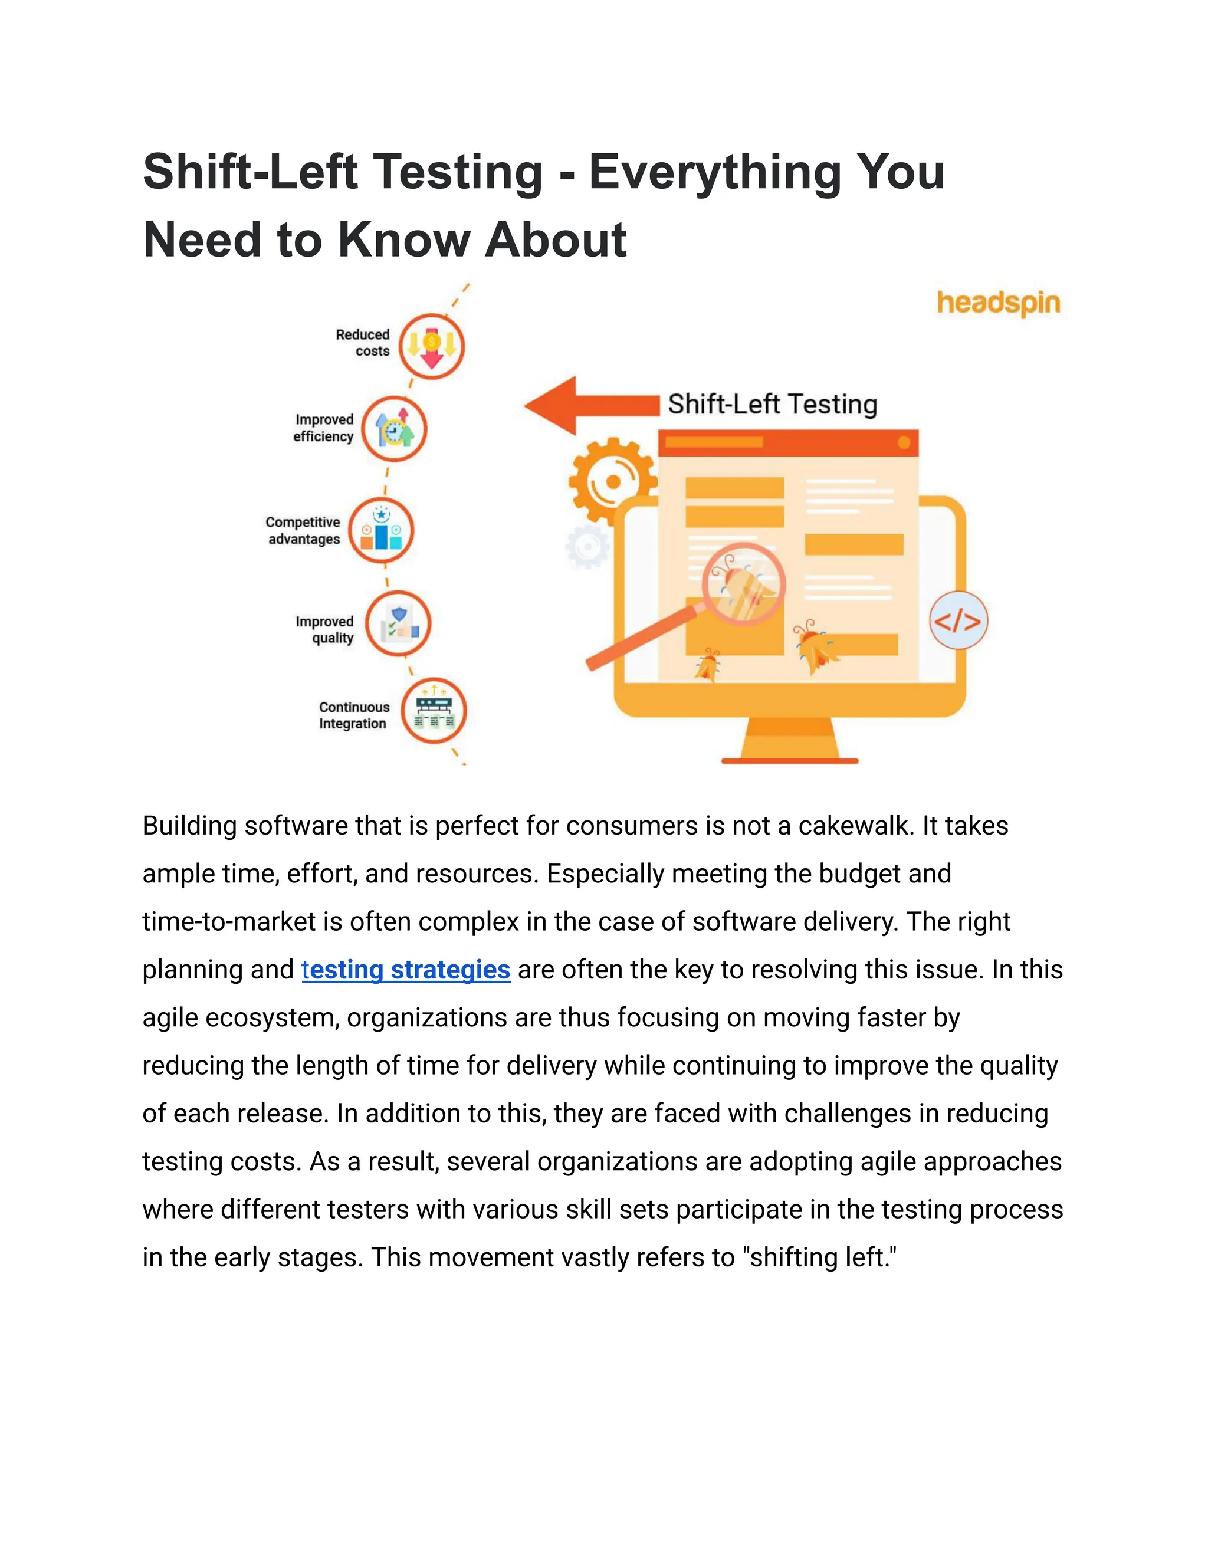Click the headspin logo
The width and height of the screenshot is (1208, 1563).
[x=999, y=303]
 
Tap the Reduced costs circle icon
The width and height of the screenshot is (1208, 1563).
[x=432, y=346]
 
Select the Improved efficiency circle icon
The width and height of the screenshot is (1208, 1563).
[x=393, y=429]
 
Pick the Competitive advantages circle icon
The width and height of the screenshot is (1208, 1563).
[x=382, y=530]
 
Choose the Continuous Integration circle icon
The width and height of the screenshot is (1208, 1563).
[x=434, y=711]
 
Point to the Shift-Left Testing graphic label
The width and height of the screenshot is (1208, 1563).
[x=772, y=405]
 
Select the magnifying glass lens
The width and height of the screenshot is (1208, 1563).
[x=744, y=584]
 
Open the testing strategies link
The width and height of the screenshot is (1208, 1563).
[x=406, y=970]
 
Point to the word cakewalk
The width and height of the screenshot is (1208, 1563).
[x=856, y=826]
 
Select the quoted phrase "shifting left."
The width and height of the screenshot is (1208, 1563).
[x=822, y=1257]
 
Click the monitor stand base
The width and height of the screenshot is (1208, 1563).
[x=789, y=760]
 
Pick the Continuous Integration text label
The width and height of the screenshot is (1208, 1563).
[x=353, y=715]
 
